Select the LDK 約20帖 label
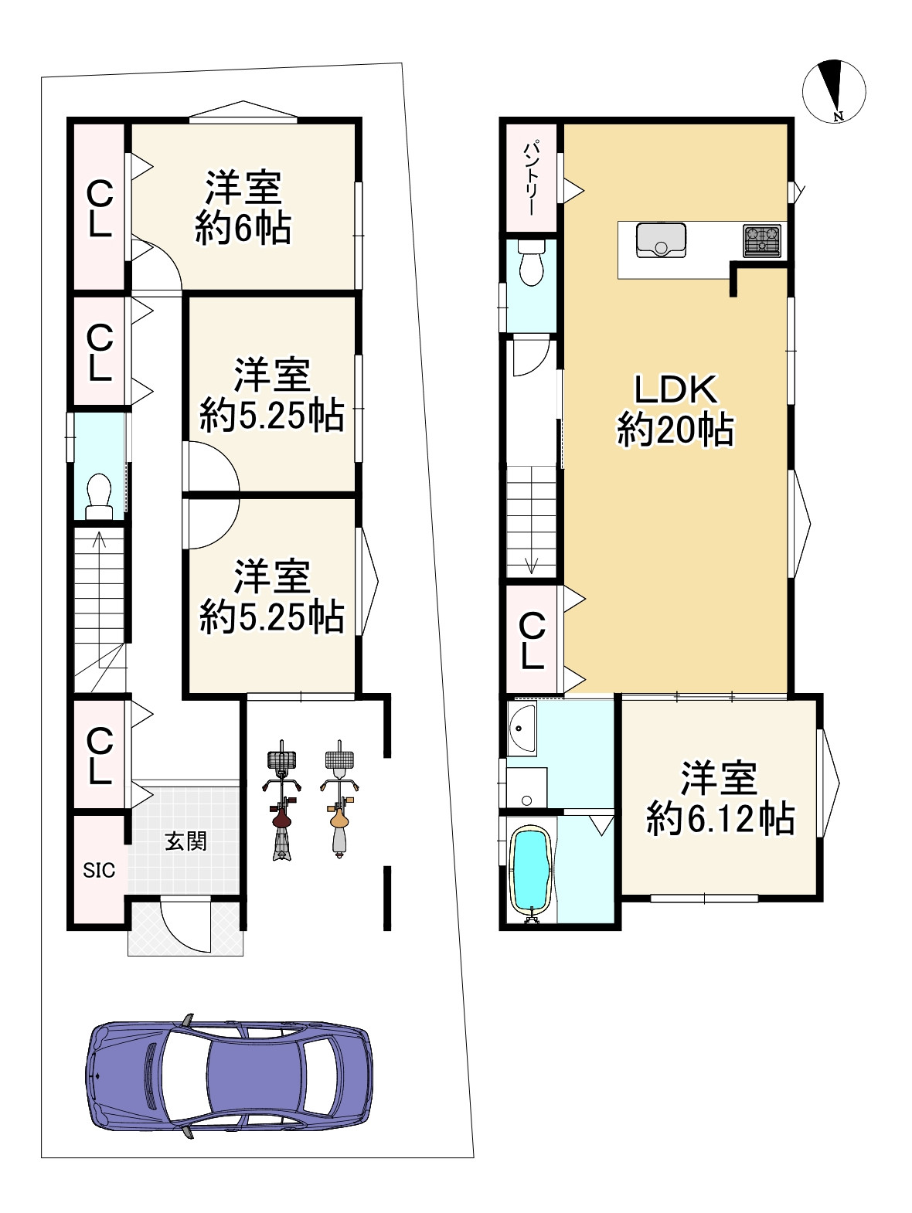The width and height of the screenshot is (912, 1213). (675, 410)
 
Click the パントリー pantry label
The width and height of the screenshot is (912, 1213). (532, 178)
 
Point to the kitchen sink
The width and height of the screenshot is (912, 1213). (661, 240)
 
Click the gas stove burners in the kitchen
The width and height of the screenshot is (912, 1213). (761, 240)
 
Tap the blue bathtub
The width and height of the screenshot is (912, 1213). (532, 875)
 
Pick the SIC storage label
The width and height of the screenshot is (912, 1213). (99, 871)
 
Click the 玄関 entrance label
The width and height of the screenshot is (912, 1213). (186, 841)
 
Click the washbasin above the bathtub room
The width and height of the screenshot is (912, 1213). (522, 728)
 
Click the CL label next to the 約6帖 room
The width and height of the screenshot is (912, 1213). (100, 209)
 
